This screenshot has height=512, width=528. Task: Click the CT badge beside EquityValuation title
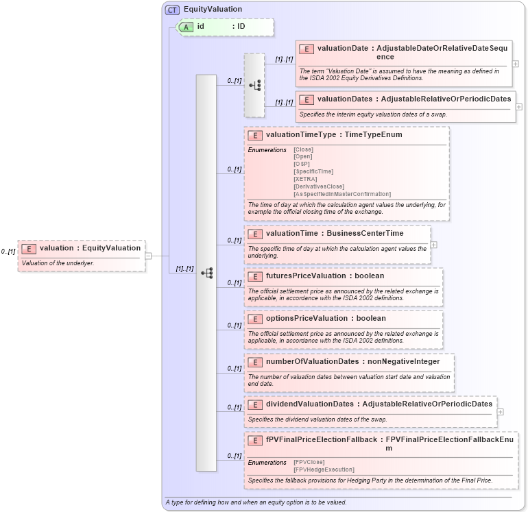coord(172,10)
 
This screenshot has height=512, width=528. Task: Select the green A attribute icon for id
coord(186,27)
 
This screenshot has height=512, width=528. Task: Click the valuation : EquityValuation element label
coord(90,248)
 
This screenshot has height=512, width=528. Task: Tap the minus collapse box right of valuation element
coord(148,256)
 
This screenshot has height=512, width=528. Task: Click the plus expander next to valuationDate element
coord(516,64)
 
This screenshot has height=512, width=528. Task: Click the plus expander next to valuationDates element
coord(519,107)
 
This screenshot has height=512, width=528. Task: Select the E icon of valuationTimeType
coord(255,135)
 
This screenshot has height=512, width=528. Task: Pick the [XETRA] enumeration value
coord(305,179)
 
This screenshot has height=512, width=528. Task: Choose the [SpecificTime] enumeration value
coord(313,171)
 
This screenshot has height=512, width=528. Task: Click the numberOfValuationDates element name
coord(312,361)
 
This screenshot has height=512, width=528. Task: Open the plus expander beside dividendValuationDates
coord(500,412)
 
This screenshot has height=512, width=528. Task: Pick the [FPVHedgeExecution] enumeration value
coord(324,470)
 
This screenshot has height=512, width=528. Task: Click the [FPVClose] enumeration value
coord(309,462)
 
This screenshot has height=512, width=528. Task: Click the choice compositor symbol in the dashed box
coord(254,86)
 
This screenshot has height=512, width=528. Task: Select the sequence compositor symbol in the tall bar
coord(206,273)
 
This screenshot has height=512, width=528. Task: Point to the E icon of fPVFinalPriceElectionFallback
coord(255,440)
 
